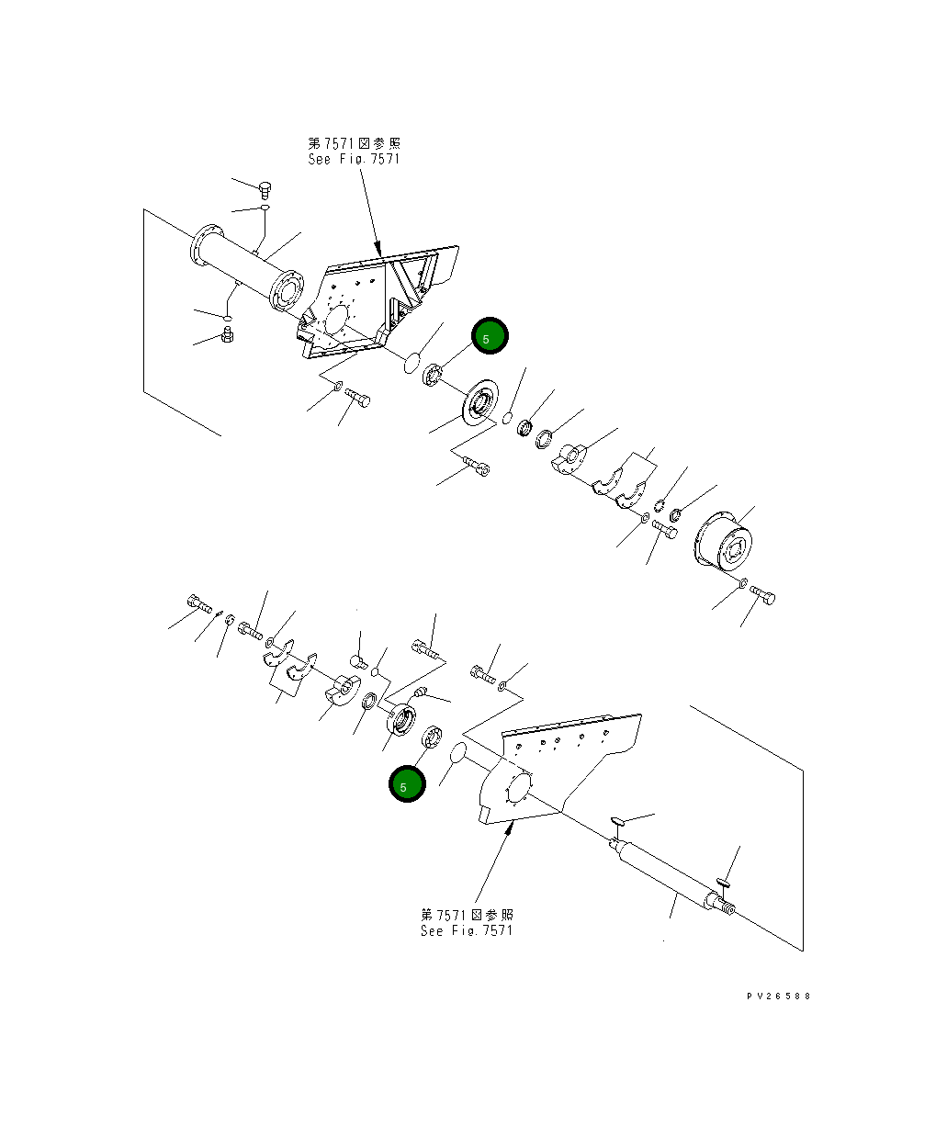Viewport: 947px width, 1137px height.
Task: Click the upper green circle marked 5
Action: tap(489, 336)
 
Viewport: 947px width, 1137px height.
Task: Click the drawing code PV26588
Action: tap(779, 996)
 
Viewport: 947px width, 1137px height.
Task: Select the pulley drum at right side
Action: tap(722, 547)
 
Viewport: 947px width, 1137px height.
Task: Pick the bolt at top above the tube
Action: tap(265, 189)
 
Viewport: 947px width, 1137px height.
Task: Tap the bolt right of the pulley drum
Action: tap(763, 595)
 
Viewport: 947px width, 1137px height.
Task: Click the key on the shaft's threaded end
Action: tap(723, 883)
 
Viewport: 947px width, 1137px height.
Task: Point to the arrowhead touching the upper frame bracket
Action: tap(378, 250)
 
